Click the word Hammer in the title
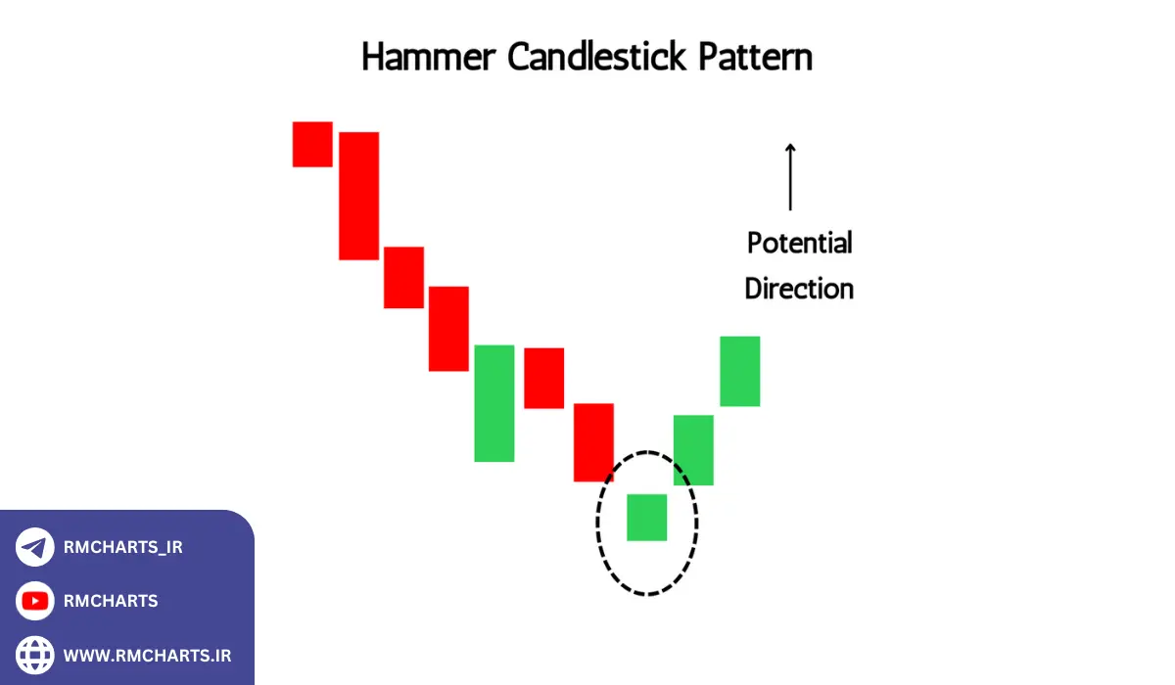coord(428,59)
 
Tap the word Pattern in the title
coord(755,57)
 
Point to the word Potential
coord(799,243)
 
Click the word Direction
coord(799,289)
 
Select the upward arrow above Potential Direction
coord(790,177)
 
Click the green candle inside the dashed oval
coord(646,517)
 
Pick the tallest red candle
coord(358,196)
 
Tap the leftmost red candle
coord(312,144)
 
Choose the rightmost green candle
coord(739,371)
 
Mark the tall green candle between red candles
coord(493,403)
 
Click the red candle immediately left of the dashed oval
coord(593,442)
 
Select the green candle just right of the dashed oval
coord(693,450)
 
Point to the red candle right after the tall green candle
coord(543,378)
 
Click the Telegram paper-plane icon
coord(35,547)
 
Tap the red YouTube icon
coord(35,601)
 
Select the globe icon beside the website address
coord(35,654)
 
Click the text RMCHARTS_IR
coord(123,548)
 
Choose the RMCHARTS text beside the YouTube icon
coord(111,601)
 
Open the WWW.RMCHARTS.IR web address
coord(147,655)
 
